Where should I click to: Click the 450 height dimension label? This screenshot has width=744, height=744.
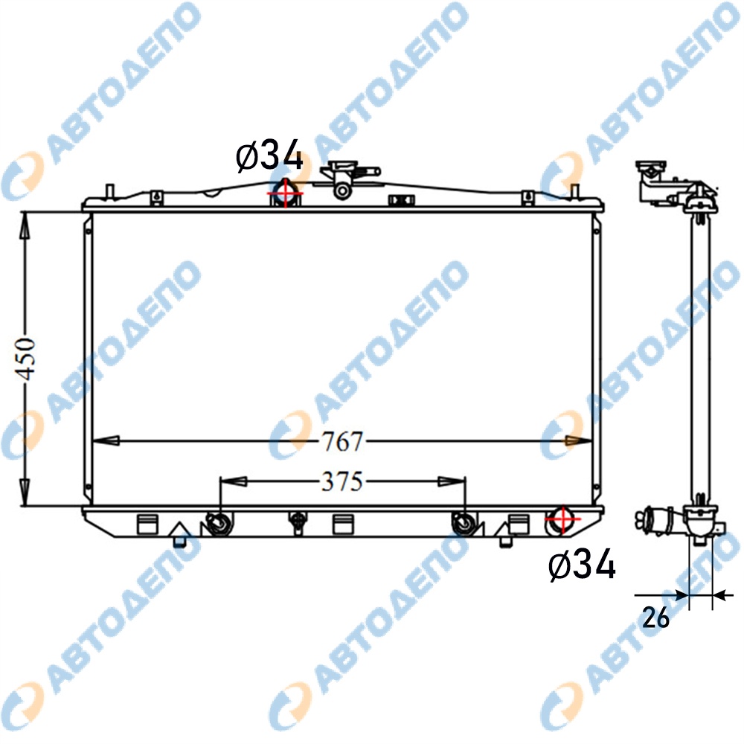coord(25,359)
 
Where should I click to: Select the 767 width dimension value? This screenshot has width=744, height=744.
coord(342,441)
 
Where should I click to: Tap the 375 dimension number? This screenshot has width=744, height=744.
coord(342,481)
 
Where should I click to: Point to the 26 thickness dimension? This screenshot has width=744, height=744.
coord(655,618)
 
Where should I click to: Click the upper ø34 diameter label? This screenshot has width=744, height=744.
coord(269,155)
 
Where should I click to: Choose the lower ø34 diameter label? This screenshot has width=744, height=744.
coord(582,565)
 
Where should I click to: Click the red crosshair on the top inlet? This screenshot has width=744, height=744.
coord(286,193)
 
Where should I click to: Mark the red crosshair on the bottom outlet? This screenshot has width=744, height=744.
coord(562,519)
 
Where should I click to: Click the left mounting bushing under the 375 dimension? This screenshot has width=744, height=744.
coord(219,525)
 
